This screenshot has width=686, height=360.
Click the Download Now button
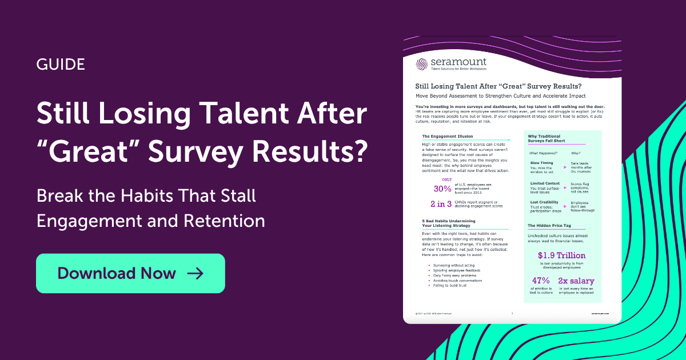[130, 273]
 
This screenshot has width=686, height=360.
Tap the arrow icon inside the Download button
[196, 273]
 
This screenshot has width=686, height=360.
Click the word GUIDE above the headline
[60, 64]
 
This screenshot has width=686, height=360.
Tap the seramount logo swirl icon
[421, 65]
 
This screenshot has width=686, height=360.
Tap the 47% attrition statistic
[541, 281]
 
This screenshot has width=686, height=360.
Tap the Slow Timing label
[543, 163]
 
